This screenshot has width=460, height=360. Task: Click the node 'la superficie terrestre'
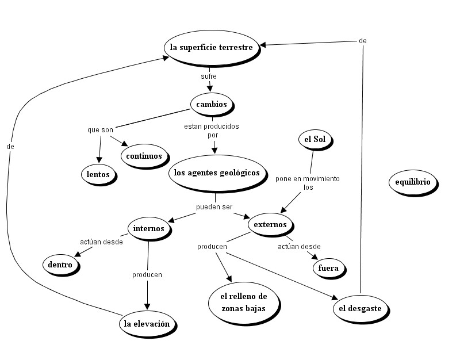coord(211,48)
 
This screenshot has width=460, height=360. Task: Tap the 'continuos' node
coord(144,155)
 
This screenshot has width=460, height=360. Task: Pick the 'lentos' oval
coord(98,174)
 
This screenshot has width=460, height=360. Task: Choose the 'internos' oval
coord(148,228)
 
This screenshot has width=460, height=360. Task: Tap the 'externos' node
coord(270,225)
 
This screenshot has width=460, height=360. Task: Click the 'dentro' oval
coord(60,265)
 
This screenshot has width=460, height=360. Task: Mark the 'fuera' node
coord(328,267)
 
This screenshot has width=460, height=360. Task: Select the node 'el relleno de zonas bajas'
coord(244,302)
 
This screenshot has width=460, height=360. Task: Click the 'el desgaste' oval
coord(360,309)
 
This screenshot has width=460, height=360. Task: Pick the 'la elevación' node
coord(147,324)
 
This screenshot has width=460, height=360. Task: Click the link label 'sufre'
coord(208,76)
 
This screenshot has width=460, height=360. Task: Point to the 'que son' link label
coord(100,130)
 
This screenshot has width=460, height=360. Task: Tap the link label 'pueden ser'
coord(214,206)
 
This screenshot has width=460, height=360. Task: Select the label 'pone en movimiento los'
coord(308,183)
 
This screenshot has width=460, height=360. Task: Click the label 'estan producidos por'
coord(212,130)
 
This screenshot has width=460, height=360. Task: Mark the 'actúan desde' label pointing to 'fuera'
coord(299,247)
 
